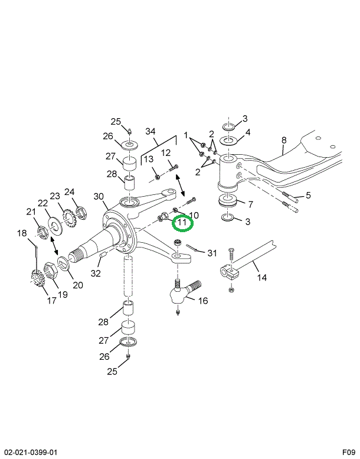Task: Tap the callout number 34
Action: pos(150,131)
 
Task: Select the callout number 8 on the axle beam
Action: pos(283,140)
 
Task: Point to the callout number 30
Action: pos(99,197)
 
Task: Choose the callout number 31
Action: pos(212,253)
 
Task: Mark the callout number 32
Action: pos(96,274)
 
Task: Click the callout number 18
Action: pos(22,233)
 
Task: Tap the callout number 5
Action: pos(308,196)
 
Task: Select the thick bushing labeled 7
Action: pos(228,201)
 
